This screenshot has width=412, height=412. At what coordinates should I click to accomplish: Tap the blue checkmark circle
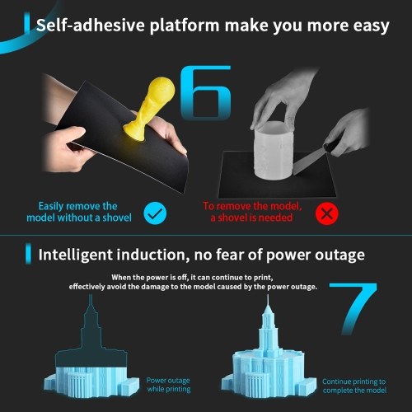click(155, 213)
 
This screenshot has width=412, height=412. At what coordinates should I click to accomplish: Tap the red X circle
click(327, 213)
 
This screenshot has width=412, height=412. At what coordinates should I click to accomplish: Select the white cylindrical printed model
click(273, 150)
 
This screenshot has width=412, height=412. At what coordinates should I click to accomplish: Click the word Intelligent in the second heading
click(76, 255)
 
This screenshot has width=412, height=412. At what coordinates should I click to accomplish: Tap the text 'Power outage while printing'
click(168, 385)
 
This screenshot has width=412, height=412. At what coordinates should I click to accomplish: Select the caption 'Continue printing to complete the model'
click(354, 386)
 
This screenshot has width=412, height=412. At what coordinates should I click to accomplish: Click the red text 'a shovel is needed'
click(251, 218)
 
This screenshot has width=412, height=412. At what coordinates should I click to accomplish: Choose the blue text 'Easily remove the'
click(77, 206)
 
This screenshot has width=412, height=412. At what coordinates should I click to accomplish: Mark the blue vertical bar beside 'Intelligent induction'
click(28, 254)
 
